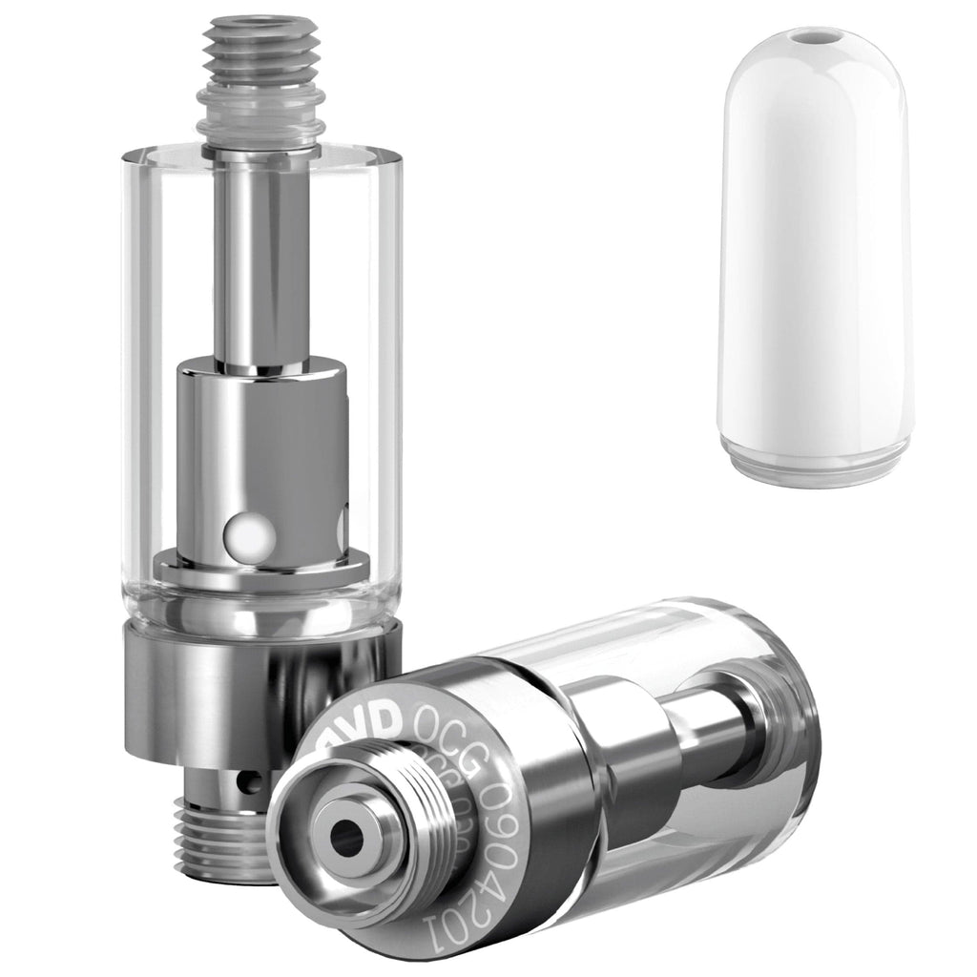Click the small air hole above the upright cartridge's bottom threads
coord(251,784)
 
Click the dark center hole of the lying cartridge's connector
coord(349,837)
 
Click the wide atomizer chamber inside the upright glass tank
coord(262,448)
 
